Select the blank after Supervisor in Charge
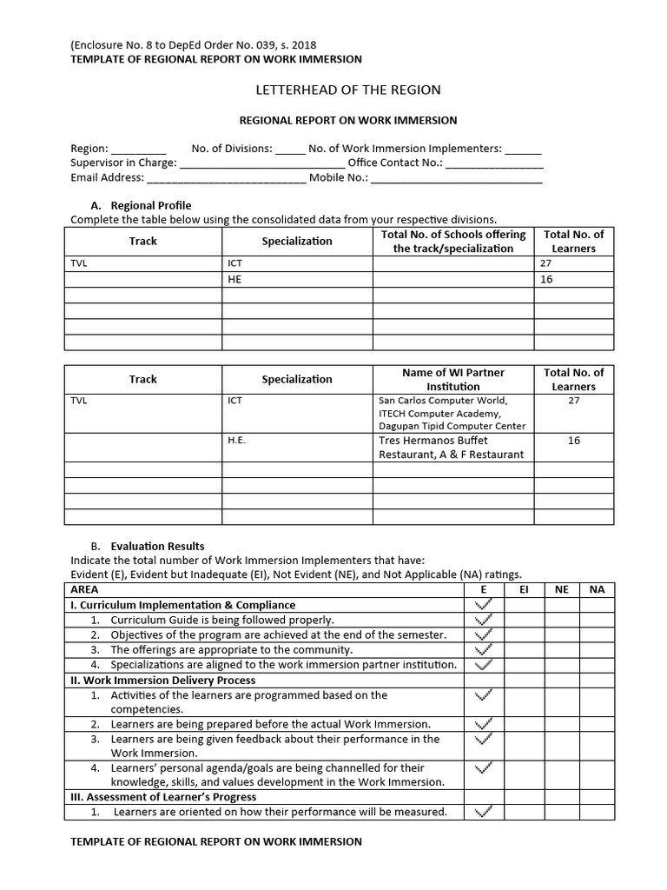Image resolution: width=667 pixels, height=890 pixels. point(261,163)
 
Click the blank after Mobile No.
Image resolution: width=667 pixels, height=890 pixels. point(457,178)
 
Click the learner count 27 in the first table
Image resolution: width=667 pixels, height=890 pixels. point(545,263)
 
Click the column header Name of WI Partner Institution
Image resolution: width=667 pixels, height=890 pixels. point(452,379)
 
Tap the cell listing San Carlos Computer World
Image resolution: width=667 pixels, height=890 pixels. point(452,413)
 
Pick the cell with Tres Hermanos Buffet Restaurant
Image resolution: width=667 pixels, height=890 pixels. point(452,447)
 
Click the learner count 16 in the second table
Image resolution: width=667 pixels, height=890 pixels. point(573,441)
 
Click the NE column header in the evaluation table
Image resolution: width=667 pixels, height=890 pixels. point(561,589)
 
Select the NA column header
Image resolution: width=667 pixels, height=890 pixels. point(597,589)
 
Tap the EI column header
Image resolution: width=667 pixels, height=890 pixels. point(524,589)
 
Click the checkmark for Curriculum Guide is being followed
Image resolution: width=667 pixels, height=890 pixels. point(485,620)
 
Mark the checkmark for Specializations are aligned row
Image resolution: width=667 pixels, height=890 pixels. point(485,664)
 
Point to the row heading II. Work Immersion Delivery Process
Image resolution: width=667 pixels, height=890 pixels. point(162,680)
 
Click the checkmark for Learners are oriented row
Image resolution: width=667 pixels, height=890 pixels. point(485,812)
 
